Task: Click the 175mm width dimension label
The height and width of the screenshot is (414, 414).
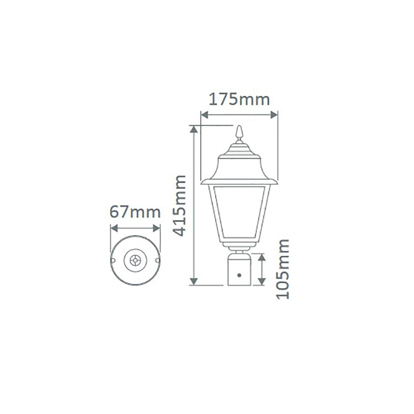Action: (x=239, y=100)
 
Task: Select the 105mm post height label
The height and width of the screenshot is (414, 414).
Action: (x=283, y=269)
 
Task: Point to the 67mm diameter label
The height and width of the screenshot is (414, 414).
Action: (x=135, y=212)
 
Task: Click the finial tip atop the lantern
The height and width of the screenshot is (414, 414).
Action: (x=239, y=128)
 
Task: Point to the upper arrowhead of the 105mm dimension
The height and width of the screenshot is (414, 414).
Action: (x=261, y=257)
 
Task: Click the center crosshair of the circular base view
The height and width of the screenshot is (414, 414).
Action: (x=135, y=260)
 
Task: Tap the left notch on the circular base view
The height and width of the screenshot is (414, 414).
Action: (x=113, y=260)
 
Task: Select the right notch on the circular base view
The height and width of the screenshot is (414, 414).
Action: (x=157, y=260)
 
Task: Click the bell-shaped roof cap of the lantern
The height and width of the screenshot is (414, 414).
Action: (x=239, y=166)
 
